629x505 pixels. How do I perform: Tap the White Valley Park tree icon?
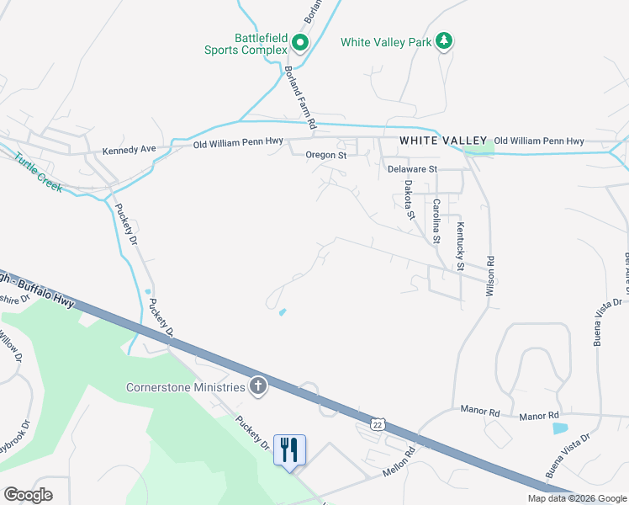pyautogui.click(x=445, y=41)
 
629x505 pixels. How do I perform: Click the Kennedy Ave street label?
pyautogui.click(x=129, y=150)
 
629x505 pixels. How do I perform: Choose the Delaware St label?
pyautogui.click(x=412, y=169)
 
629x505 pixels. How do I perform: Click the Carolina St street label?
pyautogui.click(x=436, y=221)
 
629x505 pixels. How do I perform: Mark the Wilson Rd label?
pyautogui.click(x=489, y=279)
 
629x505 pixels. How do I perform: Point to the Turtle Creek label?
pyautogui.click(x=37, y=172)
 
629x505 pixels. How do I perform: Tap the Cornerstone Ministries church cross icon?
pyautogui.click(x=258, y=387)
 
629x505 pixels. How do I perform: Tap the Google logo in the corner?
pyautogui.click(x=28, y=495)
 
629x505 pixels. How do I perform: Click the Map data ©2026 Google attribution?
pyautogui.click(x=576, y=498)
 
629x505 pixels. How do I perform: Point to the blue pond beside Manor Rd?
pyautogui.click(x=560, y=428)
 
